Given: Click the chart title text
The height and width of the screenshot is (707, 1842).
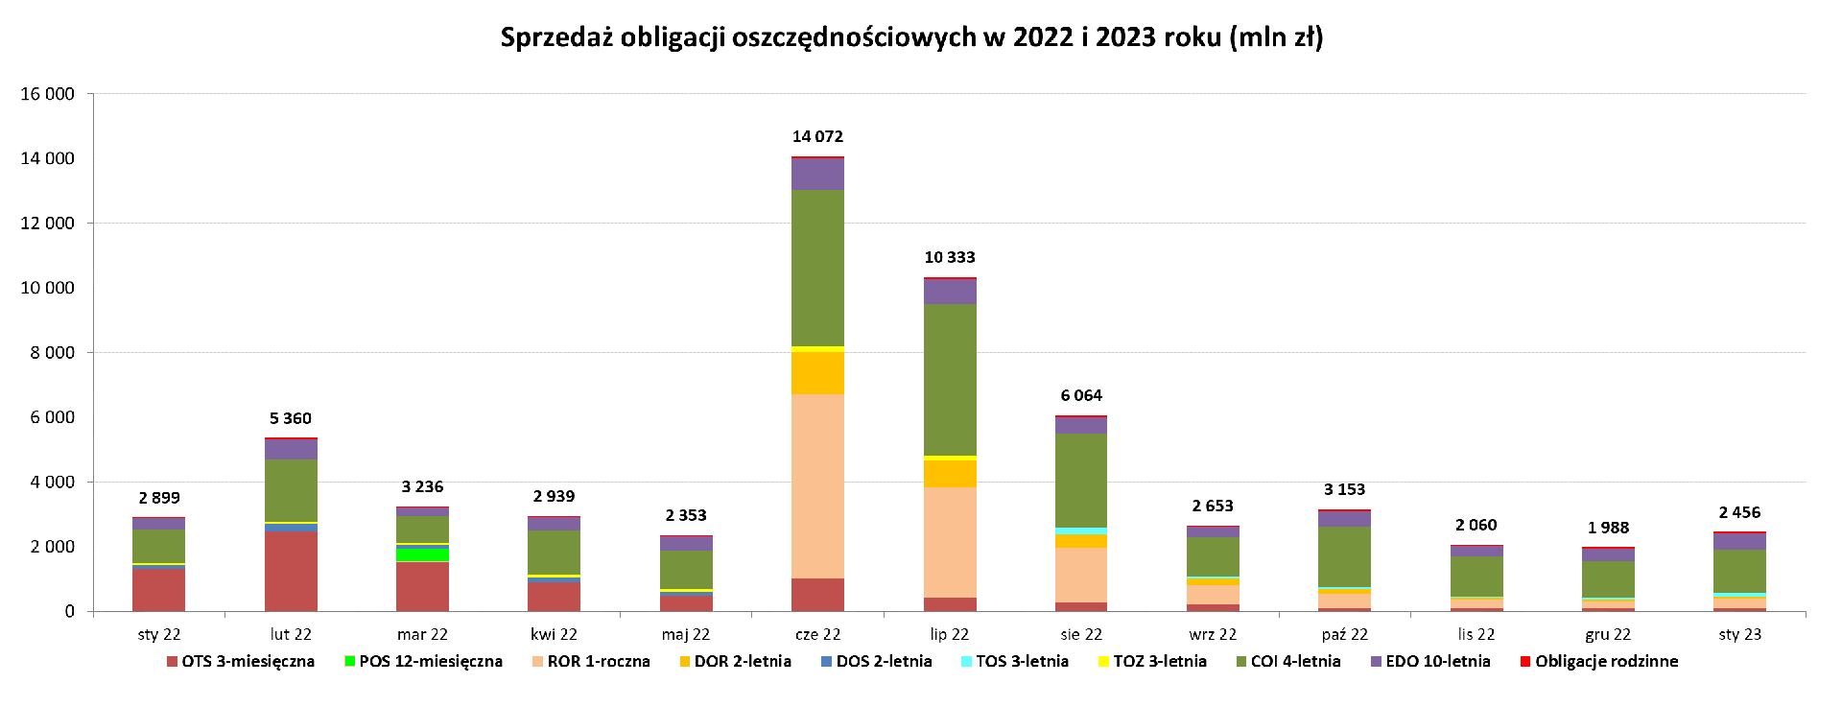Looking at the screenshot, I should coord(911,37).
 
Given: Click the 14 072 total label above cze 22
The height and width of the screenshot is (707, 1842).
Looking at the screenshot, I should coord(817,136).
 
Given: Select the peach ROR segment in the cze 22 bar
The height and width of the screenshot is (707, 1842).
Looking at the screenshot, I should coord(817,485).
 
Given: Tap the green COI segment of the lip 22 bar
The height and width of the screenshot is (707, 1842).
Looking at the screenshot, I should coord(950,380).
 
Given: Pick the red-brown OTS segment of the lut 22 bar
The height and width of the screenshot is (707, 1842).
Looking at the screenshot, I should coord(291,571).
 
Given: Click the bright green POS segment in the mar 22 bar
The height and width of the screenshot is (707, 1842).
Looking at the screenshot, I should coord(422,554).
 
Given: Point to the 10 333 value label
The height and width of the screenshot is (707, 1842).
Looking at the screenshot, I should coord(950,257).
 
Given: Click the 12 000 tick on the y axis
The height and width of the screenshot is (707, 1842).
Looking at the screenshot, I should coord(47,223).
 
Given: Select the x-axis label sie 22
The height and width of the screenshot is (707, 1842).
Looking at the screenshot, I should coord(1081,634).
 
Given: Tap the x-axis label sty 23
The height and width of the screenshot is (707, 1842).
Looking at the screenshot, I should coord(1739,634).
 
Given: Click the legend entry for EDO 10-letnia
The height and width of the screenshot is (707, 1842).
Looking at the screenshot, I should coord(1437,661).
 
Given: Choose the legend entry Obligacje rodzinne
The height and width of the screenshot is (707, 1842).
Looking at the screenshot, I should coord(1606,661).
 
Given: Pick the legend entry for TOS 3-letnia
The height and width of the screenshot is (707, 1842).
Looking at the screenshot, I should coord(1022,661).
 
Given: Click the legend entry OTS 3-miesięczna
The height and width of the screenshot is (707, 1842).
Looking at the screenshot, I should coord(248,661).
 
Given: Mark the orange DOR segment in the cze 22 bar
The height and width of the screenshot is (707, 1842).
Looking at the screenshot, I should coord(817,373).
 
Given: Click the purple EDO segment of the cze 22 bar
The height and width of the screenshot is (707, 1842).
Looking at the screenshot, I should coord(817,174).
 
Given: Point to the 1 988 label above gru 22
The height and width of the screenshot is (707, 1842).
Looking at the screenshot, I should coord(1608,528).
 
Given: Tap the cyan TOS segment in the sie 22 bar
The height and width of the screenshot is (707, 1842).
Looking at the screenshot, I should coord(1081,530).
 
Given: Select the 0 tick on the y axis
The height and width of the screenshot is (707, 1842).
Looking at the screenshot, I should coord(69,611).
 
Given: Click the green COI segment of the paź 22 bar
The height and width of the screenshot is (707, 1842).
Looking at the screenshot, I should coord(1344,556).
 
